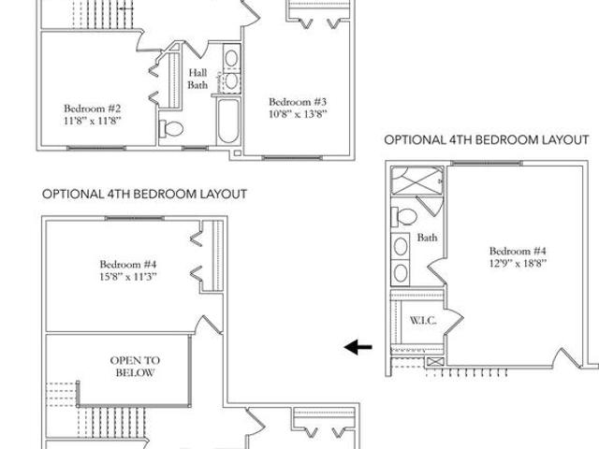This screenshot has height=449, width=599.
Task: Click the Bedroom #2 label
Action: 93,109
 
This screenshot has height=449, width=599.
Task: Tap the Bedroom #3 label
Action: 298,102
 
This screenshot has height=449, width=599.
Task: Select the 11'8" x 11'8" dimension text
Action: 93,121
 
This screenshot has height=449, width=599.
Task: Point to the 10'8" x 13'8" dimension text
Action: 298,114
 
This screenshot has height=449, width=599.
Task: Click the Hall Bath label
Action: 197,79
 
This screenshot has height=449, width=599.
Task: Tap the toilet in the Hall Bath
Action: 171,128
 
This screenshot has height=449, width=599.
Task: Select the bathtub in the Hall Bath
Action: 228,121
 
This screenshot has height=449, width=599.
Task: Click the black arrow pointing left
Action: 358,347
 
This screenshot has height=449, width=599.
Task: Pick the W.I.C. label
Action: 423,320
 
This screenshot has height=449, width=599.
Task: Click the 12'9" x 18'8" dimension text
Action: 518,264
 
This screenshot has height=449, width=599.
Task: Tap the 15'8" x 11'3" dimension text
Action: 128,277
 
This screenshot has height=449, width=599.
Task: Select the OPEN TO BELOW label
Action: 135,366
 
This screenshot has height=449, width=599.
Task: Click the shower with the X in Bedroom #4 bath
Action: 417,181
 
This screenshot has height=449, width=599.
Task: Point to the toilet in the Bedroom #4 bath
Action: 404,217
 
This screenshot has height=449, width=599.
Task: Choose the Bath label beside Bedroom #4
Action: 427,238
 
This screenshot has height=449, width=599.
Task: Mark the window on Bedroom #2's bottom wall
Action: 96,148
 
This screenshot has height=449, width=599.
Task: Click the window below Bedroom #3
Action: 293,157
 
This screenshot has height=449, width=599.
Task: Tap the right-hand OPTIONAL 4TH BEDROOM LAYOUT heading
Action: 487,139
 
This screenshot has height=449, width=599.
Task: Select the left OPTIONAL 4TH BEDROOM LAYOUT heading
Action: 144,194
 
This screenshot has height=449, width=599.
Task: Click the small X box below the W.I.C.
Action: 435,362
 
